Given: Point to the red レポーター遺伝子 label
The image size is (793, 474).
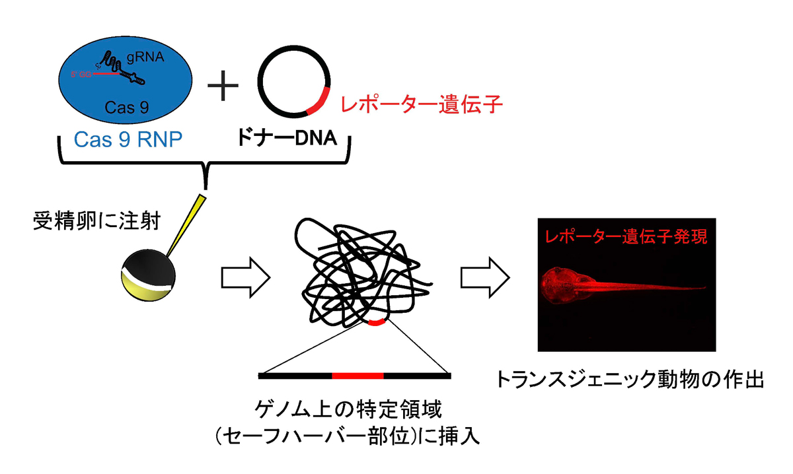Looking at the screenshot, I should coord(421,104).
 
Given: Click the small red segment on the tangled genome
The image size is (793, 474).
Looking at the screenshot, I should coord(376,323).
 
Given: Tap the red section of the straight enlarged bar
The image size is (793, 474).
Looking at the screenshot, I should coord(358,376).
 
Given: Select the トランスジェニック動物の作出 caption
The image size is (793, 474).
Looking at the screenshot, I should coord(630,380).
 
